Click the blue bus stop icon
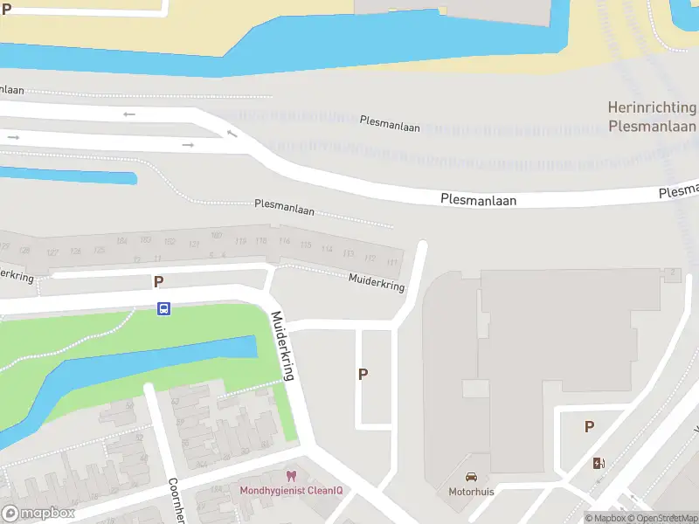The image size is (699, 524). tap(163, 308)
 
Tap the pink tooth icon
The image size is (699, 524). tap(292, 476)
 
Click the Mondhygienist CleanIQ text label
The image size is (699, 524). tap(292, 490)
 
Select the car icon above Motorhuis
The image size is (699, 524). tap(471, 477)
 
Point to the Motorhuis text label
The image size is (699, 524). tap(471, 491)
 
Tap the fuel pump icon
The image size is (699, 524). tap(599, 463)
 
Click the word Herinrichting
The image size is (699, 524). tap(652, 108)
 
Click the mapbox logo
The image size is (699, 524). tap(38, 514)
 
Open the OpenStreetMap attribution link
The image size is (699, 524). tap(663, 519)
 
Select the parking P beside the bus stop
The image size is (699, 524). tap(158, 281)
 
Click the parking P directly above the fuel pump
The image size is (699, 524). tap(589, 427)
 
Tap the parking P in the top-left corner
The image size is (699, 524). tap(5, 10)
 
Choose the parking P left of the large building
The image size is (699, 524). tap(363, 374)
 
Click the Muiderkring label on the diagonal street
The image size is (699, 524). tap(283, 346)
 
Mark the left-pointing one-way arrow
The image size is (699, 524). tap(129, 114)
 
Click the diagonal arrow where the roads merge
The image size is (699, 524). tap(232, 133)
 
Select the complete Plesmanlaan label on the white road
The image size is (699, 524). tap(478, 200)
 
